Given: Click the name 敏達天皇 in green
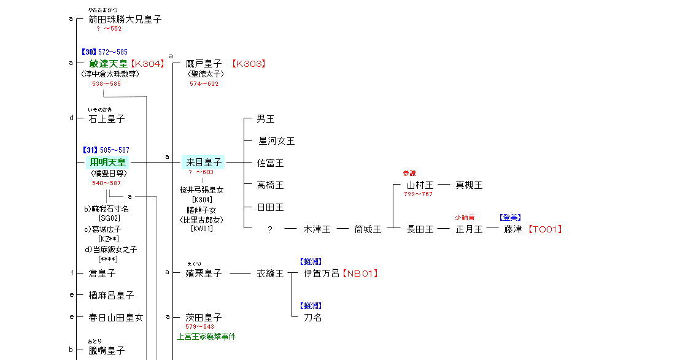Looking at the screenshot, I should click(108, 63).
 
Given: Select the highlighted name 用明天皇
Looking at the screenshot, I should click(107, 163).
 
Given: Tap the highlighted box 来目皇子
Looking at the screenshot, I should click(204, 163).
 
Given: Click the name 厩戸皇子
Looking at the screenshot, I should click(204, 63).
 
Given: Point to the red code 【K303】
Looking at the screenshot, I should click(249, 63).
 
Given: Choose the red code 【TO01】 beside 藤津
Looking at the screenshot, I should click(545, 229).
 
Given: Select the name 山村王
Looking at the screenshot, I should click(420, 185).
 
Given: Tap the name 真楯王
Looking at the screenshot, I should click(469, 185).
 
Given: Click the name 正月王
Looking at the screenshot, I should click(469, 229).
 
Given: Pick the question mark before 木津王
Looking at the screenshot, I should click(269, 229).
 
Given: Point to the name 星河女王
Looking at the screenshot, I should click(276, 141).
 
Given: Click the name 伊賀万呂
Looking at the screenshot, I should click(322, 274).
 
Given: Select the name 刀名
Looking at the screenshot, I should click(312, 318).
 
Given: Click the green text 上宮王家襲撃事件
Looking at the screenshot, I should click(206, 337).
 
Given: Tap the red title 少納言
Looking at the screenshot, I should click(464, 218).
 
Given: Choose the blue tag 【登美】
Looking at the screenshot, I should click(511, 218).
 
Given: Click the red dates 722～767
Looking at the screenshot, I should click(418, 194).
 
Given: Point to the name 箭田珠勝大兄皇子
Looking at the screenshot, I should click(125, 20).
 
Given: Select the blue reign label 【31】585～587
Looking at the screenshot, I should click(106, 150).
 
